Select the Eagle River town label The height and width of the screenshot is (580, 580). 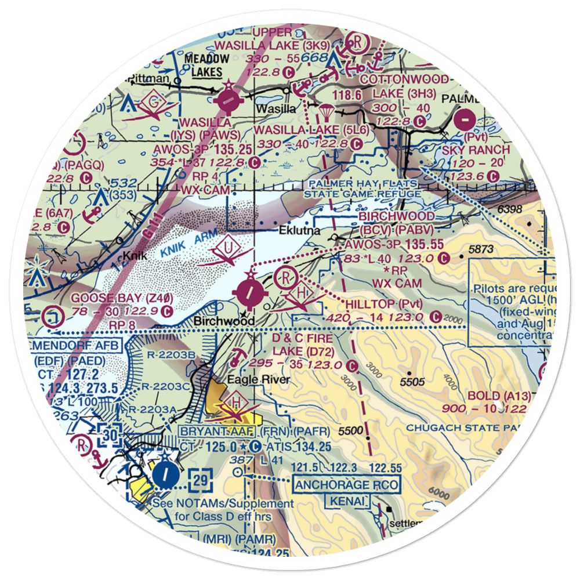click(250, 380)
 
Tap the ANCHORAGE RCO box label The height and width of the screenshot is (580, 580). click(346, 484)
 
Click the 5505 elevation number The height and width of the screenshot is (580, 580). click(412, 381)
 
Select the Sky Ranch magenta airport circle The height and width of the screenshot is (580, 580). click(465, 121)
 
